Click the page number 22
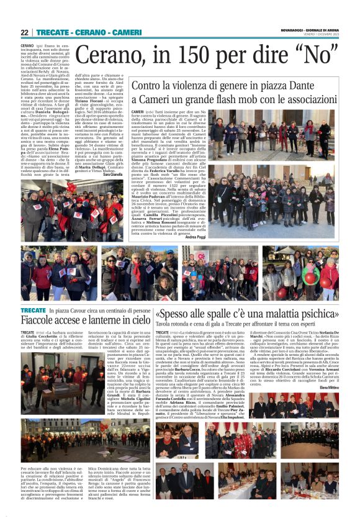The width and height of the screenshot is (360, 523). pos(24,32)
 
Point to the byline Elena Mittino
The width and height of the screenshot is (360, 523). pos(328,387)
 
